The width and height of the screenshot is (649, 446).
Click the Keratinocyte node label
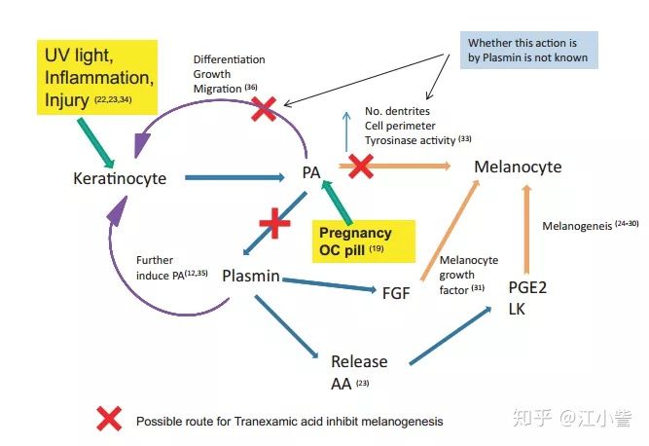pyautogui.click(x=120, y=178)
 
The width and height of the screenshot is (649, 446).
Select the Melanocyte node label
pyautogui.click(x=518, y=167)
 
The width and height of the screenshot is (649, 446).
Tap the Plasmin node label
pyautogui.click(x=252, y=276)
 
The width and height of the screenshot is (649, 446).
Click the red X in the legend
pyautogui.click(x=109, y=420)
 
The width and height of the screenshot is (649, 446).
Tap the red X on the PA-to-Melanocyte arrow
pyautogui.click(x=361, y=166)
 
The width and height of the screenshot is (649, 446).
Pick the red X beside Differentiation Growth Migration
pyautogui.click(x=263, y=110)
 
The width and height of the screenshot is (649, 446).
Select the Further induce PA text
pyautogui.click(x=172, y=267)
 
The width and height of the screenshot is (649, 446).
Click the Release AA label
pyautogui.click(x=358, y=371)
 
